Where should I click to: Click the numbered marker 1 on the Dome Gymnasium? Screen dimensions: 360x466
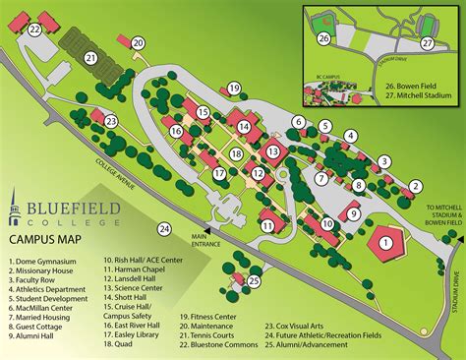point(386,241)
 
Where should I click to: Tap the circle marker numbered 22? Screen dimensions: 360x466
point(35,30)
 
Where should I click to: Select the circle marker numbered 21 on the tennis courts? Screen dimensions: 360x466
point(90,58)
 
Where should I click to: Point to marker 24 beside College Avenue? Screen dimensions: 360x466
point(165,229)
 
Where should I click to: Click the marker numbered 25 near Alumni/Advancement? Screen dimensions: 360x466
point(254,281)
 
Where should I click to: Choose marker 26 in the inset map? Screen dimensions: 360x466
point(323,37)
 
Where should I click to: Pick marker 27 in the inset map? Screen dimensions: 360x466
point(427,43)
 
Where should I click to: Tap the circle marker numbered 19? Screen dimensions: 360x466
point(234,89)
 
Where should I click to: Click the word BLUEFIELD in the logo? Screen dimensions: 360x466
point(69,210)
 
